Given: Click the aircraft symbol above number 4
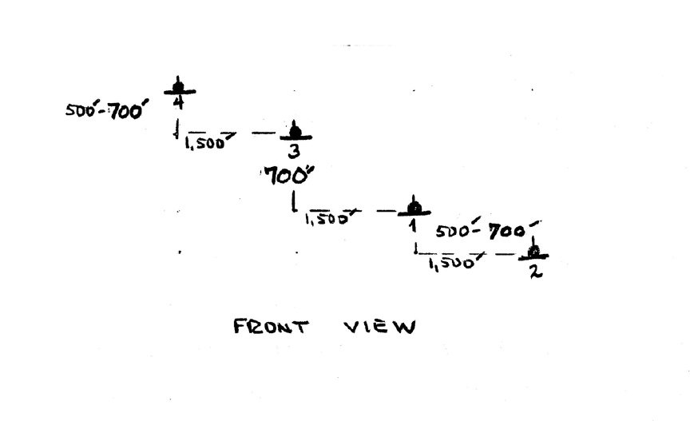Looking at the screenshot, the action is tap(179, 87).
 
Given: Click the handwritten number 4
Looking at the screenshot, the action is tap(179, 103).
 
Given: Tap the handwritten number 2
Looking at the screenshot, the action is tap(534, 271).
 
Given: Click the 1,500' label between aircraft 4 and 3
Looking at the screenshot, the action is tap(206, 142).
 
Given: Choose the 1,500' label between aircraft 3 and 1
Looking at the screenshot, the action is tap(326, 218).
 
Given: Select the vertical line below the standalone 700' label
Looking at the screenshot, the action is tap(295, 201).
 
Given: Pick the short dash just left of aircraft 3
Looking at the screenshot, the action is tap(263, 133).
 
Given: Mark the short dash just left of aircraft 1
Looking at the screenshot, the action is tap(385, 212).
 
